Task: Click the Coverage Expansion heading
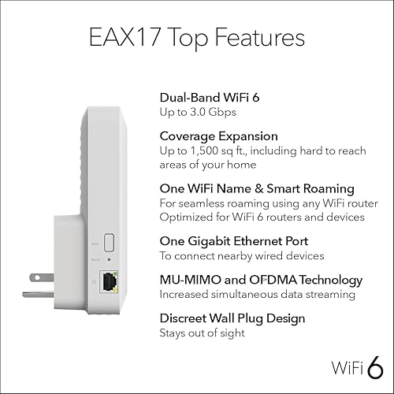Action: pos(214,136)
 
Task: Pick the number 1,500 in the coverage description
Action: pos(207,150)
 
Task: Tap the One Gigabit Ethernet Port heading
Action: pos(232,240)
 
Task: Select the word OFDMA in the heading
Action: pos(270,279)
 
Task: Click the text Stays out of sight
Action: pos(202,333)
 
